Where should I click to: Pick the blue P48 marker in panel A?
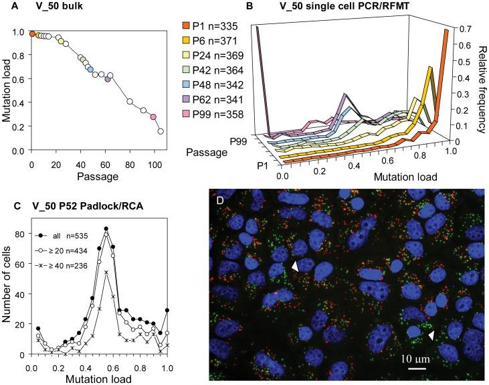point(90,69)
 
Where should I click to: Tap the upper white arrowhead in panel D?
point(295,267)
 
